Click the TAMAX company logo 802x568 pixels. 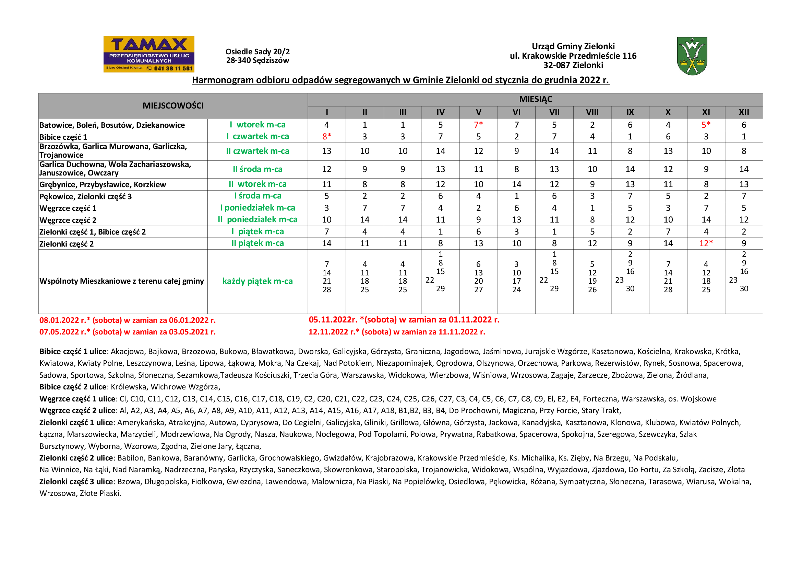click(x=149, y=54)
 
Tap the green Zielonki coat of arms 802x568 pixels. click(x=692, y=56)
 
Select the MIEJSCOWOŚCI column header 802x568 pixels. click(x=173, y=106)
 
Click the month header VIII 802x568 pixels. click(x=592, y=112)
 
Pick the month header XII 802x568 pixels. click(x=744, y=112)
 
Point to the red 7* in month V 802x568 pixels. click(x=478, y=125)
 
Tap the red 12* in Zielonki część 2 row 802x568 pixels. click(x=706, y=243)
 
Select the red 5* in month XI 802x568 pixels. click(x=706, y=125)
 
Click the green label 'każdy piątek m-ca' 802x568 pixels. click(x=258, y=281)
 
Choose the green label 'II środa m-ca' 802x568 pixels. click(x=258, y=169)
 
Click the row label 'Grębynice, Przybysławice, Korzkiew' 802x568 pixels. click(x=103, y=184)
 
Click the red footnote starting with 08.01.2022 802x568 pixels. click(x=128, y=320)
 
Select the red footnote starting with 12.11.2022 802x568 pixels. click(x=397, y=332)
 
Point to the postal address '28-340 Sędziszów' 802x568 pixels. click(x=258, y=60)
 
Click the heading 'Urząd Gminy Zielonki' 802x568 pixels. click(x=573, y=46)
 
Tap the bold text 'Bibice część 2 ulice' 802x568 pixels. click(x=73, y=387)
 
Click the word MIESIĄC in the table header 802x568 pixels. click(x=535, y=99)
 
